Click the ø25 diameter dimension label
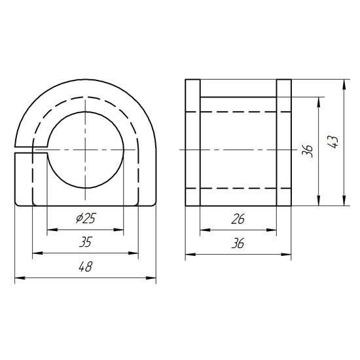pos(86,219)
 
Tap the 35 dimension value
pos(85,242)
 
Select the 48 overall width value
pos(85,267)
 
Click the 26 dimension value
pos(238,219)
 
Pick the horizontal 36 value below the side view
pos(238,243)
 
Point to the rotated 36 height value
pos(308,151)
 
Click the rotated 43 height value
pos(333,142)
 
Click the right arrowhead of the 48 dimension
pos(151,278)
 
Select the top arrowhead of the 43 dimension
pos(344,84)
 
